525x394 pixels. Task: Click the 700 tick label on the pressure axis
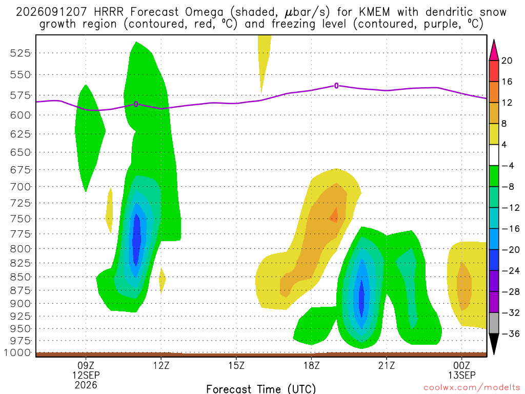pos(21,187)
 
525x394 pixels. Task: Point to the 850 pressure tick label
pos(21,277)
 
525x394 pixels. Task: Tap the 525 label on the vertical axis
pos(21,53)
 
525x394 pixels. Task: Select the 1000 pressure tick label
pos(17,352)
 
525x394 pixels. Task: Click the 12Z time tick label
pos(161,365)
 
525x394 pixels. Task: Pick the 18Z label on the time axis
pos(311,365)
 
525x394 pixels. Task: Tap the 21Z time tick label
pos(387,365)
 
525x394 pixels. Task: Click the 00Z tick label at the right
pos(462,365)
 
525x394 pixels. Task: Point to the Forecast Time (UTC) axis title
pos(261,389)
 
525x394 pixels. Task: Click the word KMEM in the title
pos(374,12)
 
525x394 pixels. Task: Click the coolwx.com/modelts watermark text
pos(472,388)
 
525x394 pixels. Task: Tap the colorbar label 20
pos(507,61)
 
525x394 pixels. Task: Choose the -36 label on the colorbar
pos(511,333)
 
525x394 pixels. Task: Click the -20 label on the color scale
pos(511,250)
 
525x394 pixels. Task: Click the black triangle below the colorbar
pos(494,343)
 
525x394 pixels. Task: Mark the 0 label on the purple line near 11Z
pos(136,104)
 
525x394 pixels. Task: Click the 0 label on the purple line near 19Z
pos(336,86)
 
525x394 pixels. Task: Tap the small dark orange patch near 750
pos(334,215)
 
